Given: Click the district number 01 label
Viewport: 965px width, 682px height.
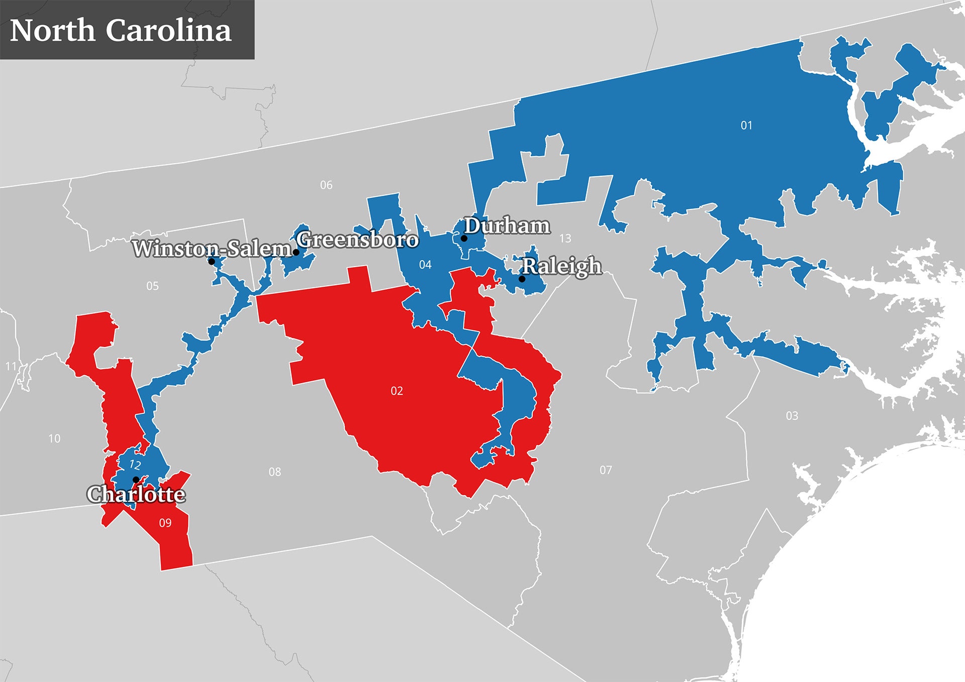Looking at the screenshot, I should pos(746,126).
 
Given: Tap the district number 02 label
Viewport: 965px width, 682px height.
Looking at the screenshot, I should pos(397,391).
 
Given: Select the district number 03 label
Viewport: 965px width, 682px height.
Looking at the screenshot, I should pos(792,416).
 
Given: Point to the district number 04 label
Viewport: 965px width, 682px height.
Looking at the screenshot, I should pos(425,265).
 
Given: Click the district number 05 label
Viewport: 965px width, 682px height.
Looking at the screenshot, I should pos(152,286).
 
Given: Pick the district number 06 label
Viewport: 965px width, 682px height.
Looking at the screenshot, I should pos(326,185).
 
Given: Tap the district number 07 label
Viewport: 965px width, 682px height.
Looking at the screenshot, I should pos(606,470).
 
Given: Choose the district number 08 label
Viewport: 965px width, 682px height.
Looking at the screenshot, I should pos(274,472).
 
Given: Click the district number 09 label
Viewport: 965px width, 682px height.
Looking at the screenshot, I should pos(165,523).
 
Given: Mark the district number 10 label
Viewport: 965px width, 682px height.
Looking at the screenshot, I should pos(54,439).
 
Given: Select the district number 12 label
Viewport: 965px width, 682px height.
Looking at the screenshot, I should pos(135,465).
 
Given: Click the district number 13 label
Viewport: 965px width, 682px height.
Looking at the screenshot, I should pos(565,239).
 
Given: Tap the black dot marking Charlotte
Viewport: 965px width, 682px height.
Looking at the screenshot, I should pos(136,480).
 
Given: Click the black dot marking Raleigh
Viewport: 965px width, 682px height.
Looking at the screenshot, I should pos(522,279).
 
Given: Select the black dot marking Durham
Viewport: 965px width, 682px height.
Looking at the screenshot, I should pos(464,238).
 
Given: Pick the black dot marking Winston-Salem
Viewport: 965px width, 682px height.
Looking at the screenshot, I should pos(212,262).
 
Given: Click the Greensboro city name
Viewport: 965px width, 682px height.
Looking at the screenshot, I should pos(357,240).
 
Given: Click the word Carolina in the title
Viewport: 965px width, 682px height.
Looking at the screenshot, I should pos(168,31).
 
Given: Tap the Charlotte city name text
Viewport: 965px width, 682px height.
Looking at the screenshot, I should pos(136,495).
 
